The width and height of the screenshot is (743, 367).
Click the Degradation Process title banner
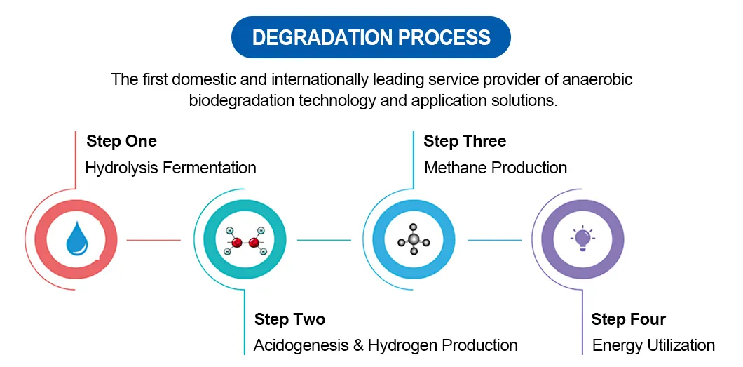371,37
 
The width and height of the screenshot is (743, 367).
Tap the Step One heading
121,141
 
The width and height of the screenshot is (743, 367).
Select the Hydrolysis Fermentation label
170,168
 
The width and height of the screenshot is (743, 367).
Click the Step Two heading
289,319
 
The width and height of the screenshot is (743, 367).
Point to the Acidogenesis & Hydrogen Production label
386,345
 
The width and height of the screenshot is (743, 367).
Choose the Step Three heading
465,141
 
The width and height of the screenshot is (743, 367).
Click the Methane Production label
496,168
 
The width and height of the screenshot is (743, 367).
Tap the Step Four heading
628,319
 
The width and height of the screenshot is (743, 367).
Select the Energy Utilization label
653,345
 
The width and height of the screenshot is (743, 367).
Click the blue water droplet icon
76,239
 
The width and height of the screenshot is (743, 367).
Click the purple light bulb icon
582,239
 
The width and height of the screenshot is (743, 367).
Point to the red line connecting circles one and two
154,240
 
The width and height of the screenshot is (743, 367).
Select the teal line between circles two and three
324,240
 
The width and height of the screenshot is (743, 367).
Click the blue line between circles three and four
494,240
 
